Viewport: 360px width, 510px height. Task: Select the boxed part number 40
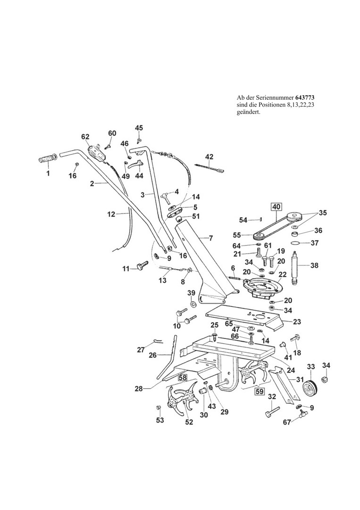click(x=276, y=206)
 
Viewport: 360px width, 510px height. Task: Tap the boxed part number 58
click(x=182, y=377)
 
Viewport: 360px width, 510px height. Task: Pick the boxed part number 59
click(x=259, y=391)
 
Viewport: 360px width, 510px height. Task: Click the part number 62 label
click(x=85, y=137)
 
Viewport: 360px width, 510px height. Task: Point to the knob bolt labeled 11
click(x=142, y=268)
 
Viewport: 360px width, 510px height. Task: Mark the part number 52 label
click(x=189, y=422)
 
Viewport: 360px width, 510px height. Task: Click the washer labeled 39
click(x=192, y=306)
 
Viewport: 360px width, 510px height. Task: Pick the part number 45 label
click(x=139, y=128)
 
